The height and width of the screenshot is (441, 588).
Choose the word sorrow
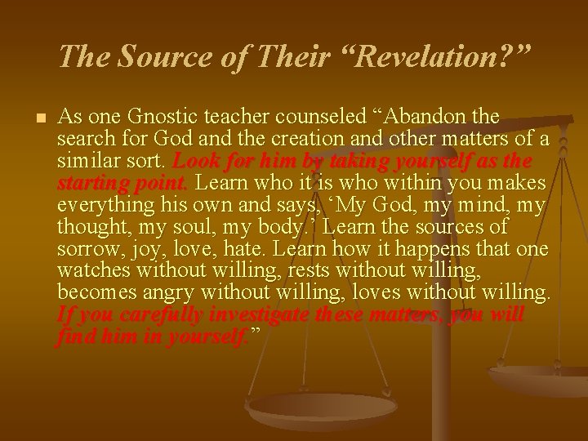[x=86, y=247]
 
